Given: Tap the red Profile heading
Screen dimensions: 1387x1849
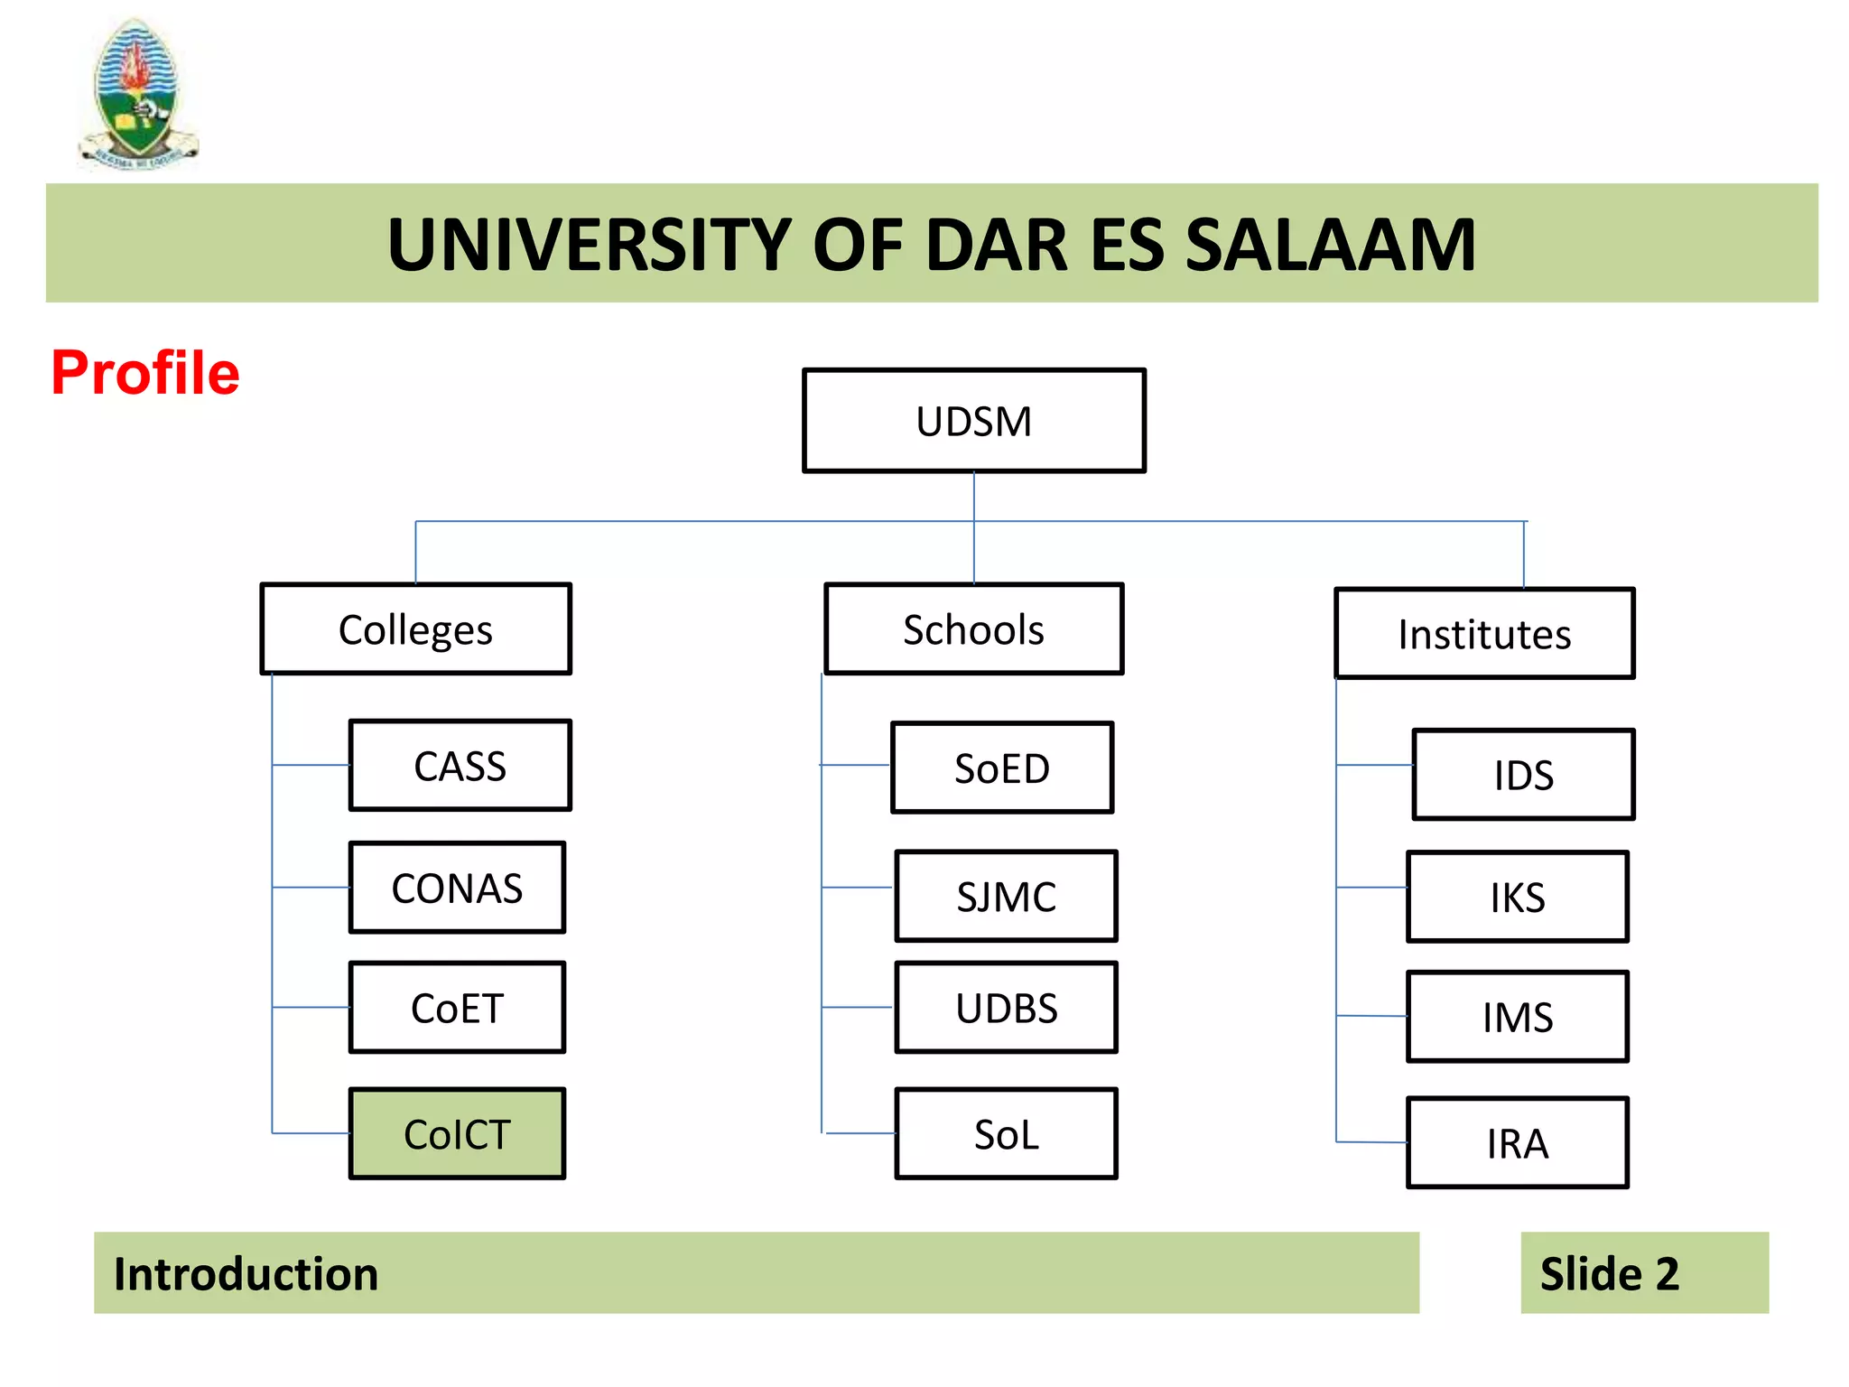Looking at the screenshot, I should (x=145, y=373).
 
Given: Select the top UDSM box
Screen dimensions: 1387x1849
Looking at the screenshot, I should (x=973, y=421).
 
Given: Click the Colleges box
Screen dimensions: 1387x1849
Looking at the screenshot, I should (x=415, y=629).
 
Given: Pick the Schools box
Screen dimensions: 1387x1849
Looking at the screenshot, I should (x=973, y=629).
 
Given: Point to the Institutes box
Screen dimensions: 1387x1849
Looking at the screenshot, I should (x=1484, y=634).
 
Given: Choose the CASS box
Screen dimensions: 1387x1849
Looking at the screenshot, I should (x=460, y=766).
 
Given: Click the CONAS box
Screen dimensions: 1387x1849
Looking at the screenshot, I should (x=457, y=888).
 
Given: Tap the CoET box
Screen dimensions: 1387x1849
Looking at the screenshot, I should (x=457, y=1008).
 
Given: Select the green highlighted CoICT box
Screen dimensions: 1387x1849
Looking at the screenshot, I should (x=457, y=1134).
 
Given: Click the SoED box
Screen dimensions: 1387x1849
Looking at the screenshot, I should (x=1002, y=768).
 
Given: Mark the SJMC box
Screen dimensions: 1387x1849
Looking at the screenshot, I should (x=1006, y=897).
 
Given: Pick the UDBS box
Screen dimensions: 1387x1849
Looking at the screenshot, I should (x=1006, y=1008).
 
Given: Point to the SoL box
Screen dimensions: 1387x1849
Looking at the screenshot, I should (x=1006, y=1134).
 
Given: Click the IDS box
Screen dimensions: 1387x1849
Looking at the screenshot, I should (x=1523, y=775).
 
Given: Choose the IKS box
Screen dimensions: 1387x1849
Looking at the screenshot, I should (x=1517, y=898).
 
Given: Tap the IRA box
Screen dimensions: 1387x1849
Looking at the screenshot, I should (x=1517, y=1143).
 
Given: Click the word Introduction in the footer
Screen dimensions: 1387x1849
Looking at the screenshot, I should (x=246, y=1274).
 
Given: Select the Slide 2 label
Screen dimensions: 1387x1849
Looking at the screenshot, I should (x=1609, y=1274).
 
